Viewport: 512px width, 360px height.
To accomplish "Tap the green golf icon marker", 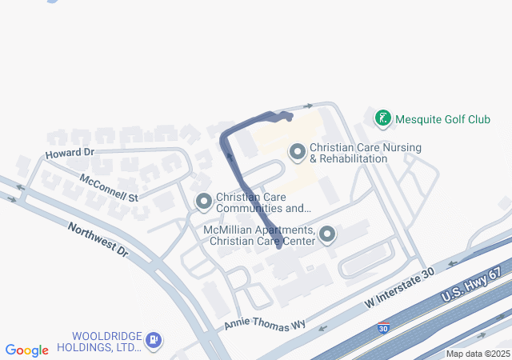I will click(x=383, y=119).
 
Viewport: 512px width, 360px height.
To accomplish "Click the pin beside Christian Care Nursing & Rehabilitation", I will click(x=298, y=151).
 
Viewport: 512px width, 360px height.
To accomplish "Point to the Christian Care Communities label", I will click(x=263, y=203).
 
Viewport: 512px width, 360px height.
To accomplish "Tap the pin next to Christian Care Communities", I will click(x=203, y=202).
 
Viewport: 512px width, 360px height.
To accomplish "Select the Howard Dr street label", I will click(x=70, y=152).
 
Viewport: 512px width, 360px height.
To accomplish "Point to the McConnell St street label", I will click(x=109, y=186).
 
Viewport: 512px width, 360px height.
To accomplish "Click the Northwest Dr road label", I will click(x=98, y=239).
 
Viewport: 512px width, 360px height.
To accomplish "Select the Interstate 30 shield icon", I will click(x=384, y=328).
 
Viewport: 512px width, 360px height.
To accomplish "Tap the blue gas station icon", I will click(x=154, y=342).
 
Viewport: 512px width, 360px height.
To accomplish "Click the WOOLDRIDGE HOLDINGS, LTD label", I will click(x=106, y=342).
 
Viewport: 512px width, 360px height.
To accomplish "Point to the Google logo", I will click(x=26, y=350).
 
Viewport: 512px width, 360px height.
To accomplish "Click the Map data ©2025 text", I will click(x=478, y=354).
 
